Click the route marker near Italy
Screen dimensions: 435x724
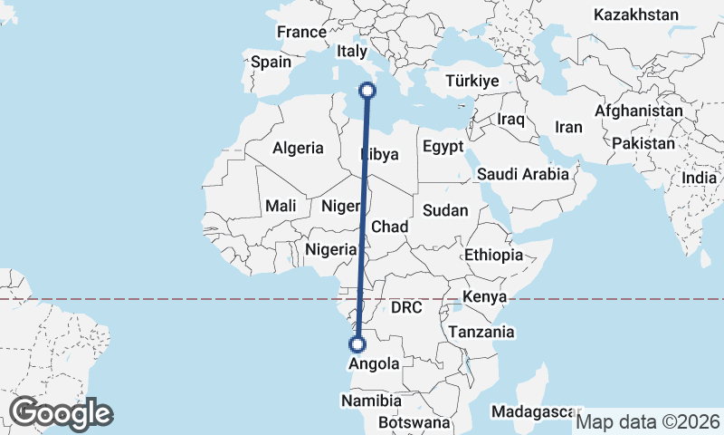tap(367, 90)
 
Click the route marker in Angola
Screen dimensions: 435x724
tap(357, 344)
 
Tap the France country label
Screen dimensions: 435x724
tap(301, 32)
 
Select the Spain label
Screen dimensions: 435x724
tap(271, 63)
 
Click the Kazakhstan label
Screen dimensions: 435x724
tap(635, 14)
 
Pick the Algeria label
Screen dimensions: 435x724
tap(298, 148)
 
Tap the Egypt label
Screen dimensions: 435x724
tap(443, 146)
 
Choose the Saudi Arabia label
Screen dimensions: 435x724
tap(523, 174)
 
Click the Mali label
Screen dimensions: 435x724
tap(281, 206)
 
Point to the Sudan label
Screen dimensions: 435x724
tap(445, 210)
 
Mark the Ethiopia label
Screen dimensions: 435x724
tap(493, 256)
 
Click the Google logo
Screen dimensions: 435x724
tap(61, 413)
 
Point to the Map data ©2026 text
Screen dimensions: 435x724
tap(648, 421)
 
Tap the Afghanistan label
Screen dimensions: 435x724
tap(639, 111)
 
